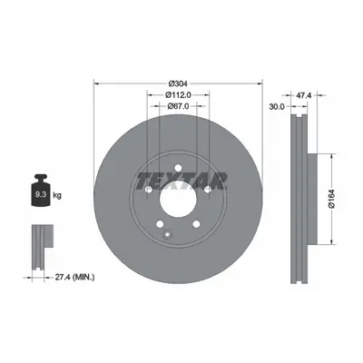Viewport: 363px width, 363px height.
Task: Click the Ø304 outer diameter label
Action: (x=178, y=83)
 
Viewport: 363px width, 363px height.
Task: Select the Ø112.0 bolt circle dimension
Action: (x=178, y=94)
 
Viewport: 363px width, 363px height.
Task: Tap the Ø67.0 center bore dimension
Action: (x=178, y=106)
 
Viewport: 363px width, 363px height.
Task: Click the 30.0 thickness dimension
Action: (x=277, y=106)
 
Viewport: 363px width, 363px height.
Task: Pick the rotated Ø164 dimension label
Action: (x=331, y=199)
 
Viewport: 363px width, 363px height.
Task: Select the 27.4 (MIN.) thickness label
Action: (x=74, y=277)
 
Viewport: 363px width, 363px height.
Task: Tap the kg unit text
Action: (x=57, y=195)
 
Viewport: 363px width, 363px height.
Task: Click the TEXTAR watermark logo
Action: (x=181, y=181)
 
